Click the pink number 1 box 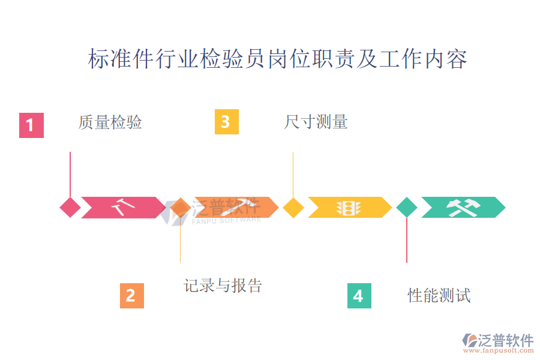point(31,125)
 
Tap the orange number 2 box point(131,296)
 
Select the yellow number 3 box point(226,122)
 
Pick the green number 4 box point(359,296)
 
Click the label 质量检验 point(110,122)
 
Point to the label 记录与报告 point(223,286)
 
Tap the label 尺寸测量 point(316,122)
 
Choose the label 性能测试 point(439,295)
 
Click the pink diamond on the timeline point(70,208)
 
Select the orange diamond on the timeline point(180,208)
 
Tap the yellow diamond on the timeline point(293,208)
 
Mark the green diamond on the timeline point(407,208)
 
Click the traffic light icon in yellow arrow point(348,208)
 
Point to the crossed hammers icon point(463,208)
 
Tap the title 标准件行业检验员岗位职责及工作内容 point(277,59)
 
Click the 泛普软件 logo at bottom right point(497,341)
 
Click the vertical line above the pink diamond point(70,174)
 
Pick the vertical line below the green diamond point(407,240)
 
